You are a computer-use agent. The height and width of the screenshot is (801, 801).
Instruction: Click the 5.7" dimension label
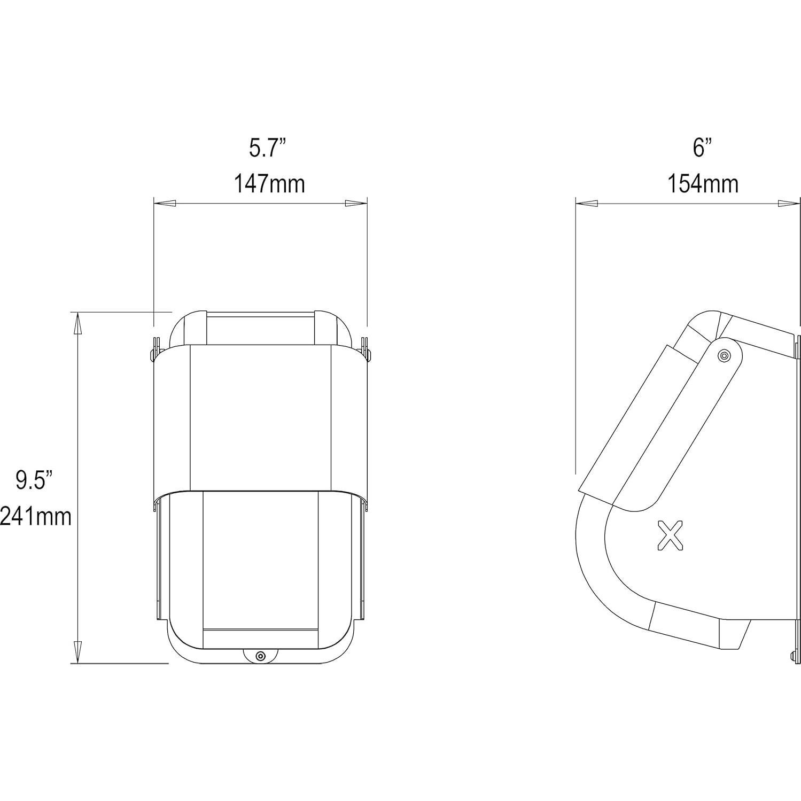pyautogui.click(x=268, y=147)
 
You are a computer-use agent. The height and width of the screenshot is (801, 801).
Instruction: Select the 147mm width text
pyautogui.click(x=269, y=184)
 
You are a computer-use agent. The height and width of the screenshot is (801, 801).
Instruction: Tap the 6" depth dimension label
pyautogui.click(x=702, y=147)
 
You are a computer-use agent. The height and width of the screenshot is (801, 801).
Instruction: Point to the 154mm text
pyautogui.click(x=702, y=184)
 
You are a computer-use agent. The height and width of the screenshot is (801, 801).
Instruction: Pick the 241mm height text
pyautogui.click(x=35, y=517)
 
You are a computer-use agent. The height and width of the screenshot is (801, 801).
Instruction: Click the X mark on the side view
pyautogui.click(x=670, y=535)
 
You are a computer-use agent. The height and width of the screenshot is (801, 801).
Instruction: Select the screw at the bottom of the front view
pyautogui.click(x=260, y=656)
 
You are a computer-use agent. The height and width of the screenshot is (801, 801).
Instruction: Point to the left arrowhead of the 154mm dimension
pyautogui.click(x=587, y=204)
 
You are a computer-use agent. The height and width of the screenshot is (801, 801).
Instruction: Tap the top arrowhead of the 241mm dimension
pyautogui.click(x=78, y=323)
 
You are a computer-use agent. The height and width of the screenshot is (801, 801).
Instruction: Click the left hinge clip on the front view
pyautogui.click(x=155, y=348)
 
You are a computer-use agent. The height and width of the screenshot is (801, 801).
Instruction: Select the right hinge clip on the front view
pyautogui.click(x=366, y=348)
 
